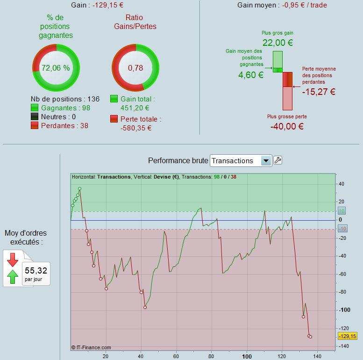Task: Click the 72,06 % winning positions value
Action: [x=56, y=68]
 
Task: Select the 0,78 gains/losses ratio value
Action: [x=135, y=68]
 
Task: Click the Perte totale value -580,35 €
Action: [x=135, y=128]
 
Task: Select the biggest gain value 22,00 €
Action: [x=278, y=43]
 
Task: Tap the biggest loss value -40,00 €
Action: [x=287, y=126]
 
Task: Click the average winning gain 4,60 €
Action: [x=248, y=75]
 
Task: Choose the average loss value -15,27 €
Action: [x=319, y=92]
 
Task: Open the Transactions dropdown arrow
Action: [x=266, y=161]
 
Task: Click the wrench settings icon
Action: [x=278, y=160]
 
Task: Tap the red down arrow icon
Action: [x=13, y=259]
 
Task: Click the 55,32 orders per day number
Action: [x=36, y=270]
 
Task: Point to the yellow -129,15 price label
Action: [x=347, y=336]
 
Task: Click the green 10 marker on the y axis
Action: [x=342, y=211]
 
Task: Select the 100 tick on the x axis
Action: [x=247, y=356]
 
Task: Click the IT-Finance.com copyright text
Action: [x=92, y=347]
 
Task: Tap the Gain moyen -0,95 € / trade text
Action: [x=282, y=5]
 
